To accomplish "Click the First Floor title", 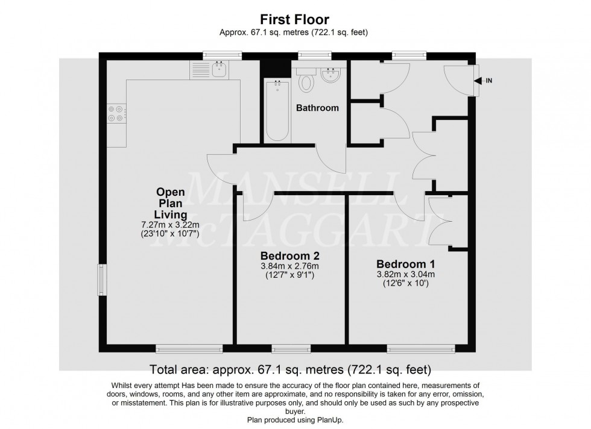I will click(295, 19).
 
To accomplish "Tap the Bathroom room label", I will click(317, 108).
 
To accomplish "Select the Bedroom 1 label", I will click(405, 264).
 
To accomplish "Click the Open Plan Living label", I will click(170, 203).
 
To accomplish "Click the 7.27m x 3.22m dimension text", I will click(170, 225).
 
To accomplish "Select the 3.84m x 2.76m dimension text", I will click(289, 266).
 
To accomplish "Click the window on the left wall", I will click(101, 281).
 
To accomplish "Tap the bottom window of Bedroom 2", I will click(291, 349).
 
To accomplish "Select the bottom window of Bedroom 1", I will click(420, 349).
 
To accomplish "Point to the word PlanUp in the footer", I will click(329, 420).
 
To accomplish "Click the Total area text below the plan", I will click(290, 368).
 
